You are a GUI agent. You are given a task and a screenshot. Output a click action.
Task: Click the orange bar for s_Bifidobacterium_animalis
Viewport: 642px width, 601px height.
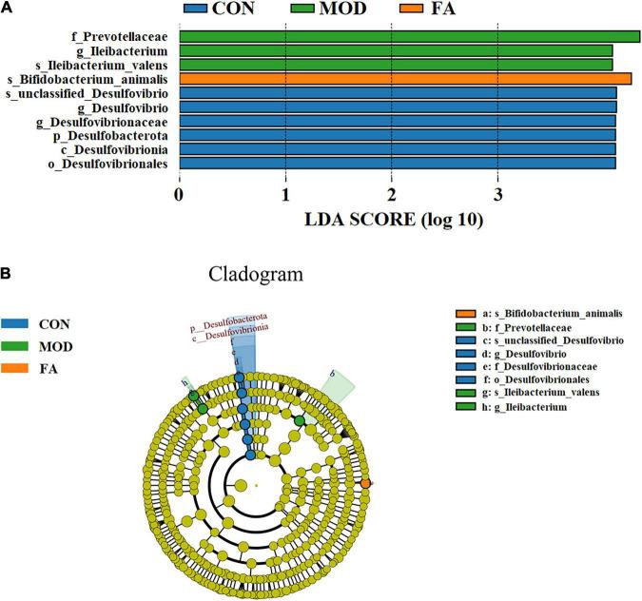(x=404, y=79)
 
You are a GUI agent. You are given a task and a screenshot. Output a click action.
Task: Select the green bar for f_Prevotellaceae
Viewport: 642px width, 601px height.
(x=409, y=36)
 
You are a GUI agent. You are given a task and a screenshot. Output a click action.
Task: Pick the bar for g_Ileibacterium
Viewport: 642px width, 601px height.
(x=396, y=50)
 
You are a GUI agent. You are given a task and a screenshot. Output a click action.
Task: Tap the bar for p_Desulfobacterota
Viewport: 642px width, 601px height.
(x=397, y=135)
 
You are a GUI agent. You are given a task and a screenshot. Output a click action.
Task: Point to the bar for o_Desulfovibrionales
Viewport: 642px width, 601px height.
(x=397, y=164)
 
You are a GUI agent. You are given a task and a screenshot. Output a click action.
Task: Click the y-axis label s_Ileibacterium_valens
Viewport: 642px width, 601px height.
(x=93, y=65)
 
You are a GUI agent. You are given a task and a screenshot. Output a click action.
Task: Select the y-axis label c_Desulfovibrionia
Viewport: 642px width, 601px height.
(x=112, y=149)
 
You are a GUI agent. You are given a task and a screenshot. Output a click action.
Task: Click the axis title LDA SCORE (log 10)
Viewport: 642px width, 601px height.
(x=394, y=221)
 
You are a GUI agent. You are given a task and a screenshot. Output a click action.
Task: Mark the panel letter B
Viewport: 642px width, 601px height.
(x=8, y=274)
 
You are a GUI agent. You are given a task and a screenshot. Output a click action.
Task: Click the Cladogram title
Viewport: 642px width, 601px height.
(x=256, y=275)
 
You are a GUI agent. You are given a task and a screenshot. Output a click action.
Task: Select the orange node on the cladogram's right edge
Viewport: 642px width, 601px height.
(x=366, y=484)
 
